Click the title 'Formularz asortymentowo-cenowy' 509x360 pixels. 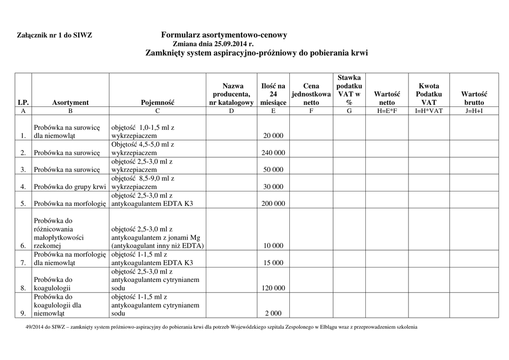(224, 35)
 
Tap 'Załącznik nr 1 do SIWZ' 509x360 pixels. (55, 36)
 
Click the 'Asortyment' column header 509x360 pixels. (70, 102)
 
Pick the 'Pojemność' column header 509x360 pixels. (158, 102)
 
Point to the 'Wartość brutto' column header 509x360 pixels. (474, 98)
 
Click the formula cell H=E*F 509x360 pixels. (387, 111)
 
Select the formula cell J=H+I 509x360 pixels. (474, 111)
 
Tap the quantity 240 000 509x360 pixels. (273, 153)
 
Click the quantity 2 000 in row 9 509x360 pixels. (273, 313)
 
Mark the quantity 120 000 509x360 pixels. (273, 288)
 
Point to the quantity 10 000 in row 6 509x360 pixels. (273, 246)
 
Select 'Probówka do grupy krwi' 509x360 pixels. (70, 187)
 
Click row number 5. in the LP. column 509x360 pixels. (23, 203)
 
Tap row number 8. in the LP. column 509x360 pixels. (23, 288)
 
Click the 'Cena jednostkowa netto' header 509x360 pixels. (311, 94)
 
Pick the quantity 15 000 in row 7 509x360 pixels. (273, 263)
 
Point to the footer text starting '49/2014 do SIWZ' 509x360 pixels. (221, 327)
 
